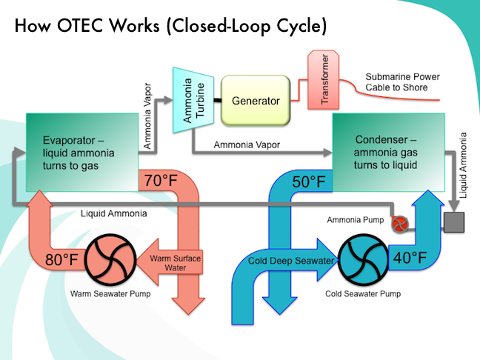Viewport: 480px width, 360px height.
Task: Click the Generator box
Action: [x=255, y=101]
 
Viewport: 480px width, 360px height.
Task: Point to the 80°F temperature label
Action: [x=61, y=260]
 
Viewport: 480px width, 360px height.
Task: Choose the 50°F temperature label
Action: [x=307, y=181]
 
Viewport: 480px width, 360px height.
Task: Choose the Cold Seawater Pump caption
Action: [x=363, y=293]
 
